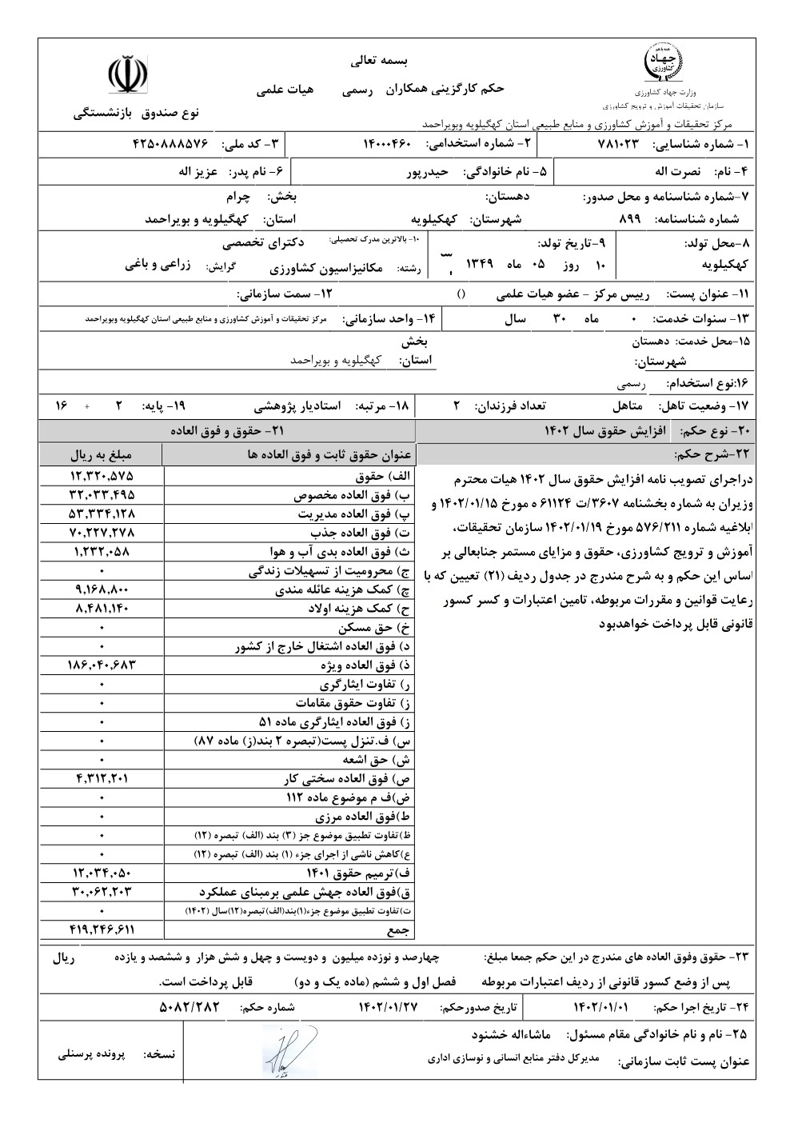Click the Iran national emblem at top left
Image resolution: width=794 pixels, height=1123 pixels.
[129, 74]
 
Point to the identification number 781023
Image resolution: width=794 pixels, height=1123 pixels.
[620, 144]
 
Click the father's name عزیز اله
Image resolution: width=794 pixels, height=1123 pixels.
[200, 171]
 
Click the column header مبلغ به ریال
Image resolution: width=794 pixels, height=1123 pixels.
[101, 454]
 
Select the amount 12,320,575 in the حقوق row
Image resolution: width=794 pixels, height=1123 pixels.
[101, 476]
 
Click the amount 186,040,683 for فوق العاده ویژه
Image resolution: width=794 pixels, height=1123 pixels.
[101, 665]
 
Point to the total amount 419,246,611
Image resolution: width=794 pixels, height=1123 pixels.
[101, 929]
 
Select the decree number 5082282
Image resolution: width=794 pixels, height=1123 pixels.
[190, 1008]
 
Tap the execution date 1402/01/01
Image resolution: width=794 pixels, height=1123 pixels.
[601, 1008]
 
